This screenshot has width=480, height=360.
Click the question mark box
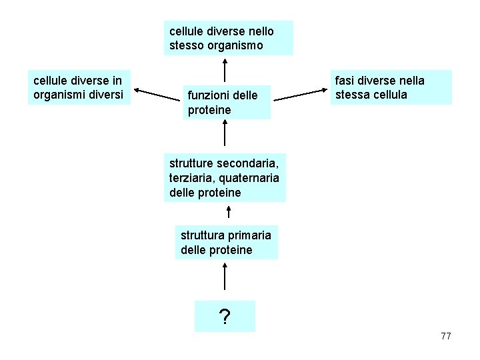click(x=225, y=317)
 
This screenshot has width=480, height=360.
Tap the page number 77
click(x=446, y=336)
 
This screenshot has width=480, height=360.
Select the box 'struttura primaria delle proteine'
click(x=226, y=243)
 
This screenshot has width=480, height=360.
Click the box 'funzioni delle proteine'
click(x=227, y=102)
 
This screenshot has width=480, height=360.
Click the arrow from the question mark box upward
click(x=225, y=277)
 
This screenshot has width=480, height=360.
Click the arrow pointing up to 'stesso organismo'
click(x=225, y=70)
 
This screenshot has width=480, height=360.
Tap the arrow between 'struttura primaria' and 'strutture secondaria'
click(x=229, y=212)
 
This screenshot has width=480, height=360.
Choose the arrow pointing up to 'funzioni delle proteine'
click(x=225, y=135)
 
